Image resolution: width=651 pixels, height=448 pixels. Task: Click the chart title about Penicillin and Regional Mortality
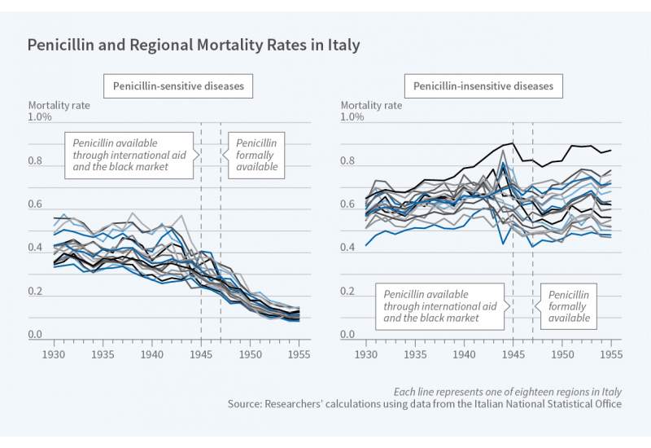click(x=194, y=45)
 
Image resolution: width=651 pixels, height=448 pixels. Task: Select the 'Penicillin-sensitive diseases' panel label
click(x=177, y=86)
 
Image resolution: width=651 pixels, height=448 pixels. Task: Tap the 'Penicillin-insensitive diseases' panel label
click(x=483, y=86)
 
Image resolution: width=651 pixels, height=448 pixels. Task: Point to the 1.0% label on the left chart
click(x=42, y=117)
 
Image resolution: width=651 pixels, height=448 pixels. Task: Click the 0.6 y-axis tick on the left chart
click(x=36, y=204)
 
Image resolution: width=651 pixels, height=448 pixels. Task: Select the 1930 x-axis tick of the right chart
click(x=366, y=355)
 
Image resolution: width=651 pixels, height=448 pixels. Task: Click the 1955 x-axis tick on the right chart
click(x=612, y=355)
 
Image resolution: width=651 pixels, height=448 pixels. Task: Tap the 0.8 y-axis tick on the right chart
click(x=348, y=161)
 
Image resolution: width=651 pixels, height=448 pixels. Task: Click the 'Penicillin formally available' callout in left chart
click(x=256, y=155)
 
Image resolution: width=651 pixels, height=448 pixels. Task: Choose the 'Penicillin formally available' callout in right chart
click(x=569, y=305)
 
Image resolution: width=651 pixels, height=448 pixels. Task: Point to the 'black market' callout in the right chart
click(x=439, y=305)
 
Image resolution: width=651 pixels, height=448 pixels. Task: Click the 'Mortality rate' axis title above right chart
click(x=371, y=105)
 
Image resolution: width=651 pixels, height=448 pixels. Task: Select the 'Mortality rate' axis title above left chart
click(x=59, y=105)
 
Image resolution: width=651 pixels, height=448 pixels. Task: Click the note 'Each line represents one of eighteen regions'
click(x=507, y=391)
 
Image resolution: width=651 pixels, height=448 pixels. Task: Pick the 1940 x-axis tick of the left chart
click(x=152, y=355)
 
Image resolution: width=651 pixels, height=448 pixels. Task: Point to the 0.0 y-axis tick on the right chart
click(x=348, y=335)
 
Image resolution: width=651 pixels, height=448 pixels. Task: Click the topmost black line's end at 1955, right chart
click(x=611, y=150)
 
